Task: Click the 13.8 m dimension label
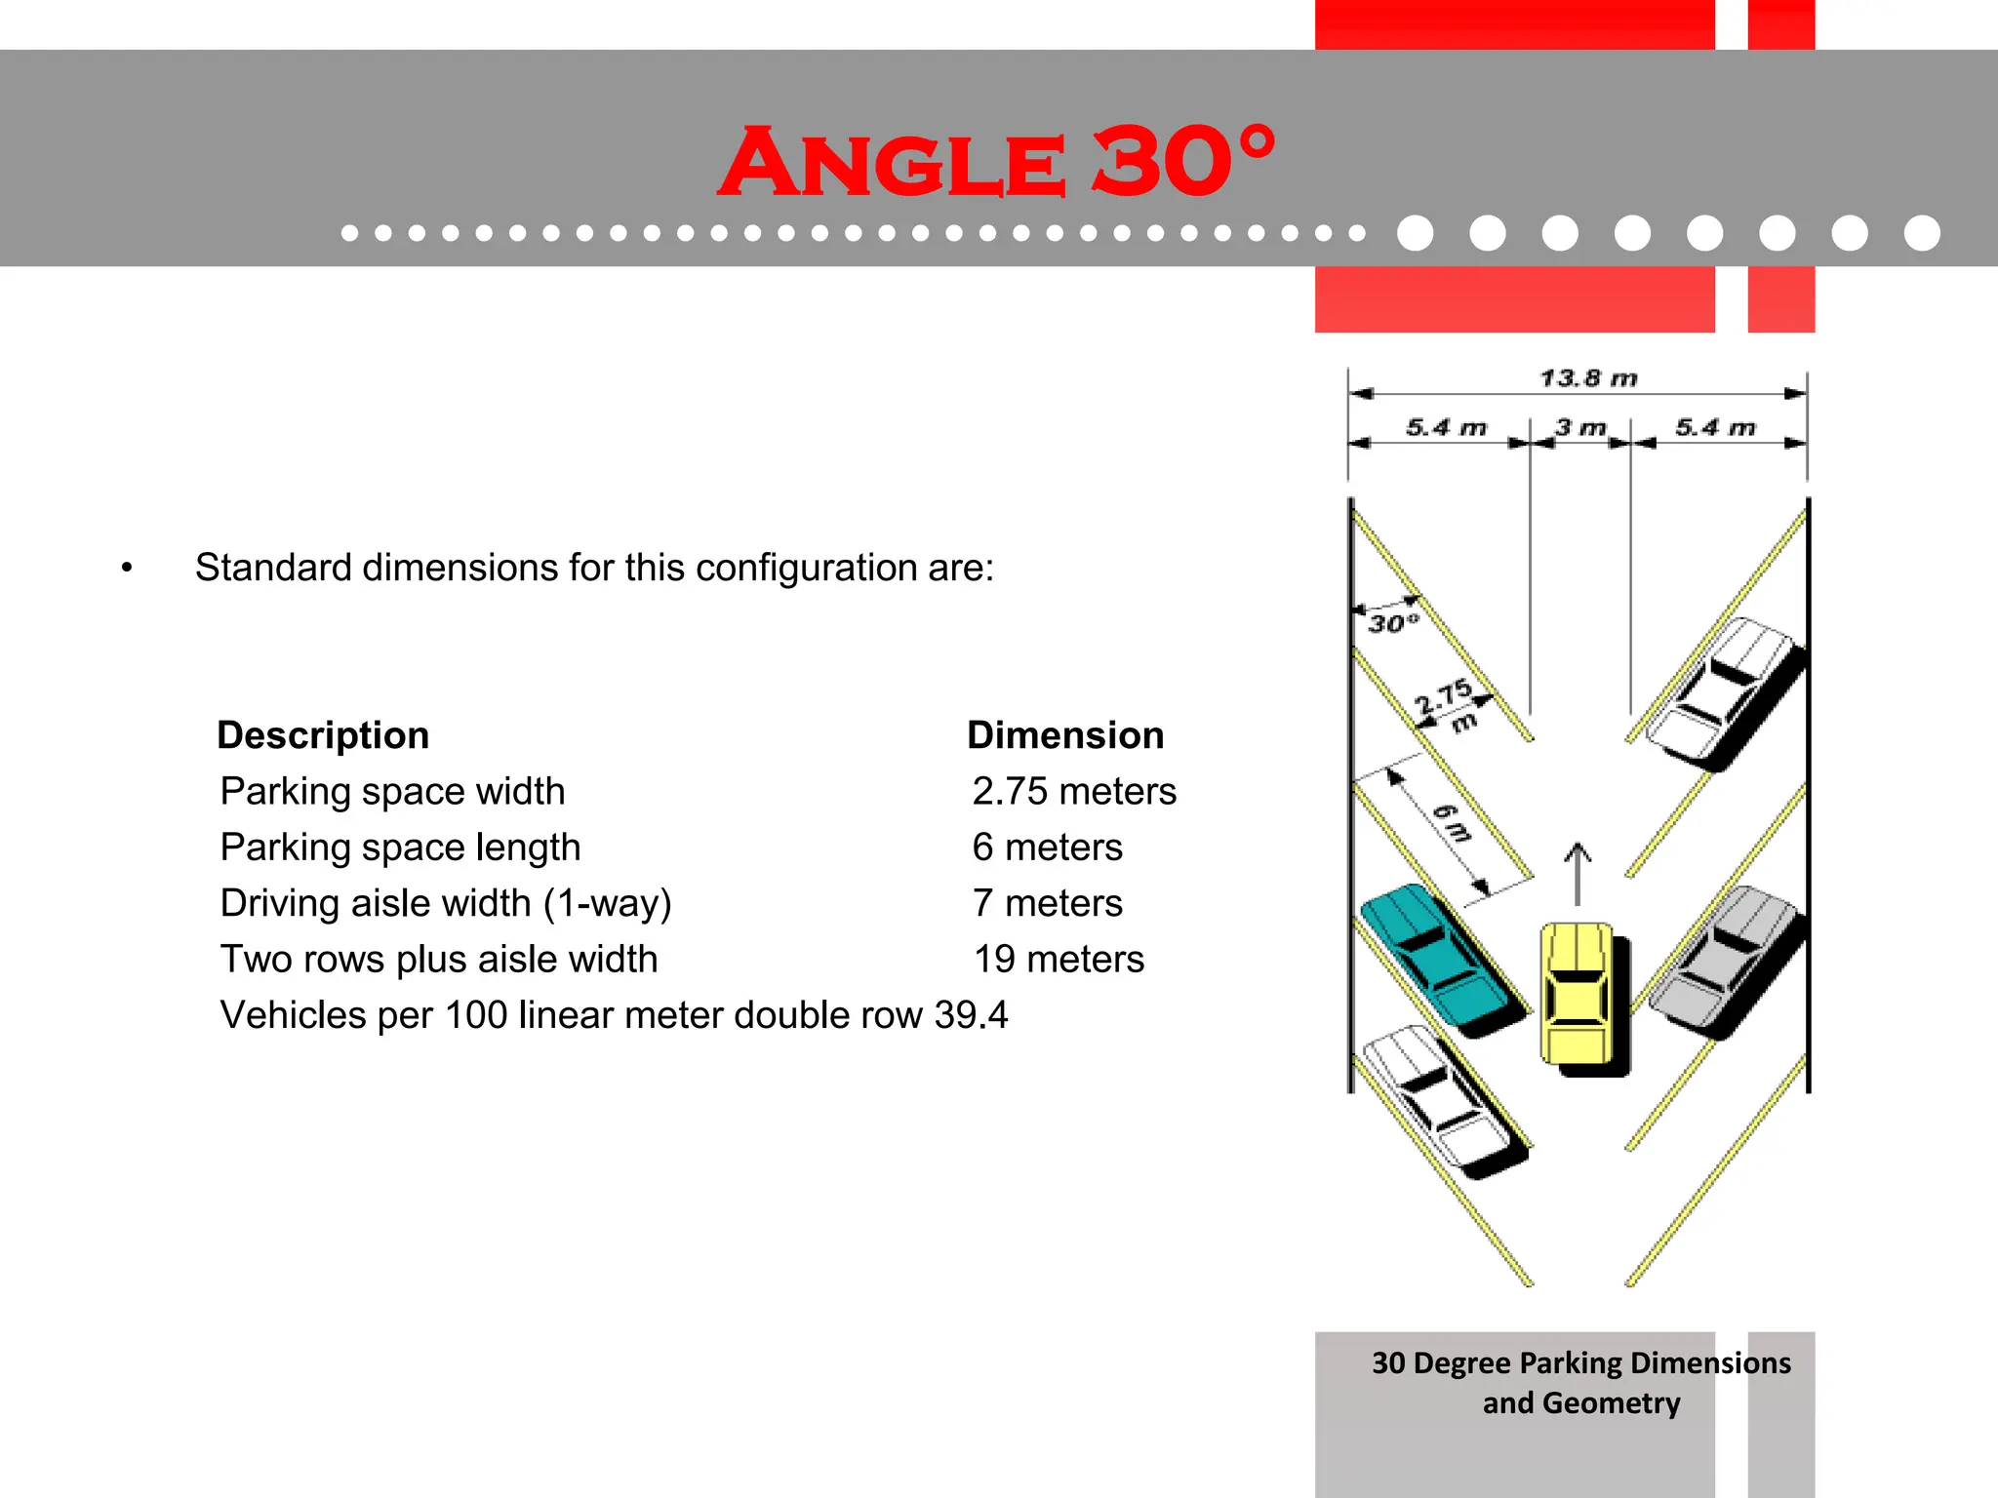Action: click(1588, 378)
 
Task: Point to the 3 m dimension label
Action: click(1580, 427)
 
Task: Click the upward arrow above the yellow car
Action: click(1578, 873)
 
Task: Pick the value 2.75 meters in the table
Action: click(1074, 791)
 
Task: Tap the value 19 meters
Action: click(1059, 959)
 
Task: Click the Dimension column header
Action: click(1065, 735)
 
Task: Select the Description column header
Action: click(323, 735)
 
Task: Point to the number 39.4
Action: click(971, 1015)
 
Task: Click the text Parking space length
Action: click(400, 847)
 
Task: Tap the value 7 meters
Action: click(1047, 903)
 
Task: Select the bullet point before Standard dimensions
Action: click(127, 569)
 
